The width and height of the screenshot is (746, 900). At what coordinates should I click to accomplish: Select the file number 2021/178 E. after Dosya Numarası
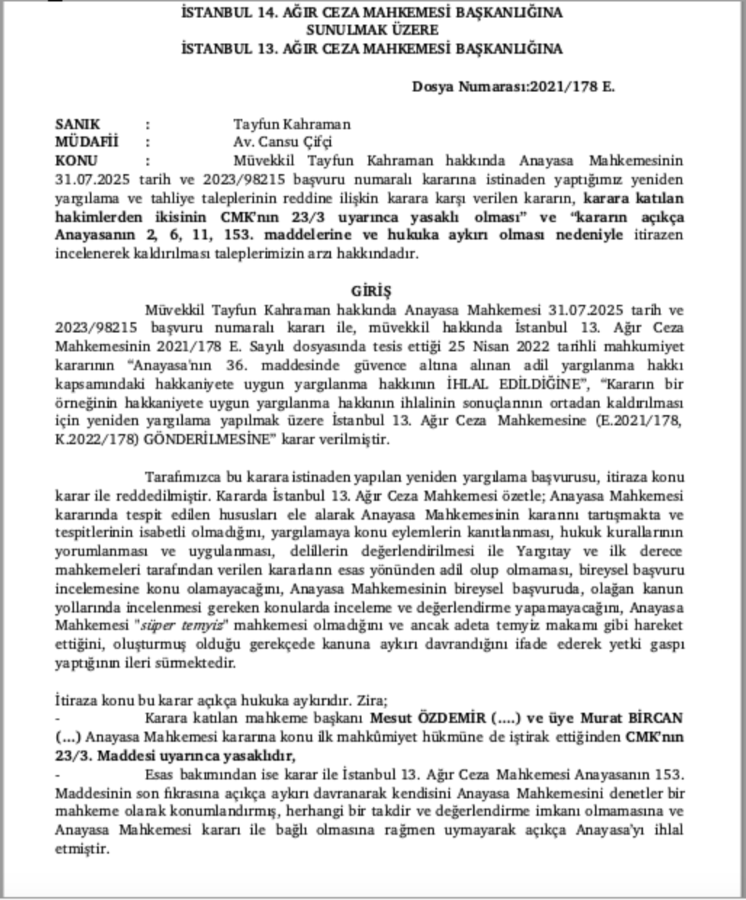coord(573,86)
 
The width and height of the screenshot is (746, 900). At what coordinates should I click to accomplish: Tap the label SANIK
coord(78,124)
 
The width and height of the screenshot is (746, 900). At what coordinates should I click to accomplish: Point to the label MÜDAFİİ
coord(86,142)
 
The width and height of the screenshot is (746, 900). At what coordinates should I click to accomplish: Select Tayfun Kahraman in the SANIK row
coord(291,124)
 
